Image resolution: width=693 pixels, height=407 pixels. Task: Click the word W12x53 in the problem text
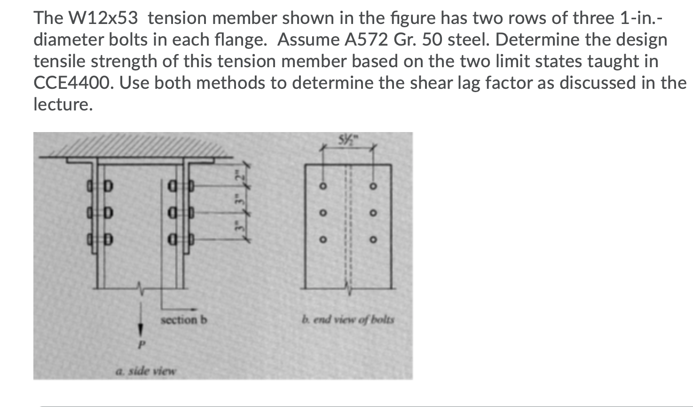pyautogui.click(x=104, y=18)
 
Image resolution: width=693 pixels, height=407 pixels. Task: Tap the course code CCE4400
pyautogui.click(x=72, y=83)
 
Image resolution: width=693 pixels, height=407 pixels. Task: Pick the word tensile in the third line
pyautogui.click(x=59, y=62)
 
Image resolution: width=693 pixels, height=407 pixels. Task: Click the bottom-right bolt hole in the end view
pyautogui.click(x=373, y=240)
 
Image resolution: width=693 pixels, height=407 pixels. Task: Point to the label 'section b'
pyautogui.click(x=184, y=320)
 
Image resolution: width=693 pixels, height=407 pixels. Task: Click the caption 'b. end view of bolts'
pyautogui.click(x=348, y=320)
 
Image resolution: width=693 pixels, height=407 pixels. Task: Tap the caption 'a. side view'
pyautogui.click(x=145, y=371)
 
